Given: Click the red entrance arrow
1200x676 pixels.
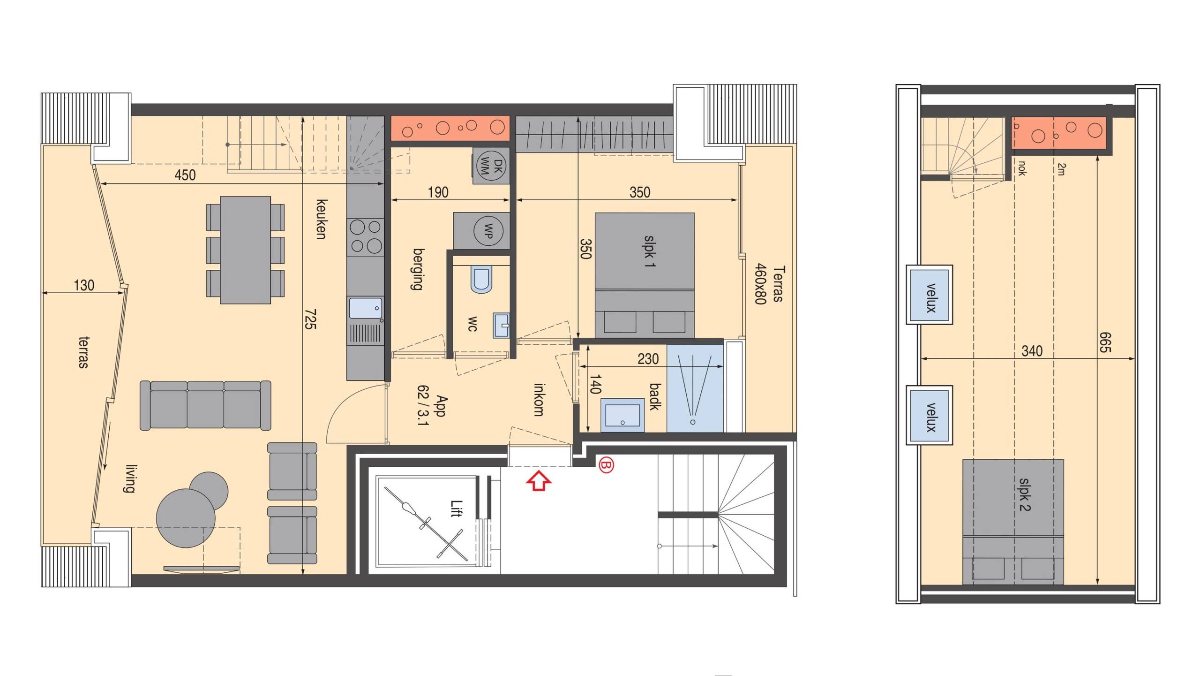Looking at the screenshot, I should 539,481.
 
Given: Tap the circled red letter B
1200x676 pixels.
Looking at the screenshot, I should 606,465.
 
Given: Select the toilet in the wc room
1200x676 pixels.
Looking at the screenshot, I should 481,280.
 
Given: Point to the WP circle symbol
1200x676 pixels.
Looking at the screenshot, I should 488,231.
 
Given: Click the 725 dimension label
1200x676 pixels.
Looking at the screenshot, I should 310,319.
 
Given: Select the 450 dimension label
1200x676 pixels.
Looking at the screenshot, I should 185,175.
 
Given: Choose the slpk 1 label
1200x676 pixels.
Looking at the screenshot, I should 649,251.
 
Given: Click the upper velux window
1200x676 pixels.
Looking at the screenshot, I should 930,295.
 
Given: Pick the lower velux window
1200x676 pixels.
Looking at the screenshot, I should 930,415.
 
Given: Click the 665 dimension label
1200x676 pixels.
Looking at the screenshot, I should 1105,342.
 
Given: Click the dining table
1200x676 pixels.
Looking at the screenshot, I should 245,250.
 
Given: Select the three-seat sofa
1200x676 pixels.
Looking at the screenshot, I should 205,405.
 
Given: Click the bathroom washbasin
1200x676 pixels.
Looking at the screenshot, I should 622,415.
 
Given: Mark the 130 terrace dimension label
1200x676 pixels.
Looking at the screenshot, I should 84,285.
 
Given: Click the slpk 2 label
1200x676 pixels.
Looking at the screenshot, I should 1025,494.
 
